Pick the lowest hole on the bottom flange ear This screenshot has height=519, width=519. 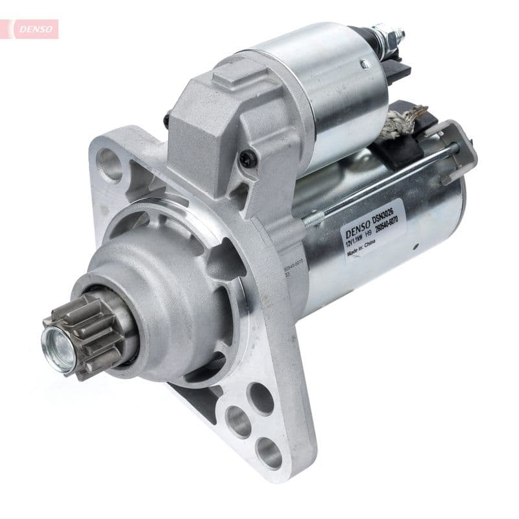268,452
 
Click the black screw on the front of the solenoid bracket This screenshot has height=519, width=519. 247,158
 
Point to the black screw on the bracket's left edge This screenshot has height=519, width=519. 167,121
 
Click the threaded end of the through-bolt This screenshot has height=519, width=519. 317,218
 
